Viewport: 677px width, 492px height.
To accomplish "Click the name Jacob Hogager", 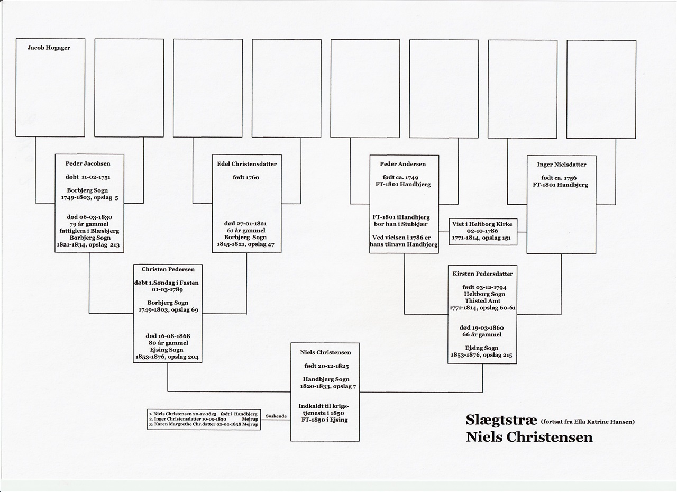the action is [x=49, y=48].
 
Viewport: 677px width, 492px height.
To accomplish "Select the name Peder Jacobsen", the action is [x=88, y=163].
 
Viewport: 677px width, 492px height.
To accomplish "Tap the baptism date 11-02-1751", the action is [x=96, y=177].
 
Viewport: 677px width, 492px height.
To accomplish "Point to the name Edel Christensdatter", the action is [x=246, y=164].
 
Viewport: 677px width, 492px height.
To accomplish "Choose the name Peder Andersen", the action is [x=402, y=164].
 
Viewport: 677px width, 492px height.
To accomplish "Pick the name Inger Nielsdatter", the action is [x=561, y=165].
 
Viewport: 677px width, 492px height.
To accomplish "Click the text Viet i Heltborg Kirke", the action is [x=482, y=224].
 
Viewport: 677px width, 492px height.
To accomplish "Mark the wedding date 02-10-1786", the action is [x=482, y=231].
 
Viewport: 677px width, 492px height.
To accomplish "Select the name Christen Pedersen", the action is [x=168, y=269].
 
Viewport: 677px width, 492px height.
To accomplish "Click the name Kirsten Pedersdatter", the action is [x=482, y=274].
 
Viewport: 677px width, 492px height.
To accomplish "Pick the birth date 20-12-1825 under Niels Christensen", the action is [x=333, y=366].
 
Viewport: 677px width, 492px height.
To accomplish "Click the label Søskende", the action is [x=276, y=416].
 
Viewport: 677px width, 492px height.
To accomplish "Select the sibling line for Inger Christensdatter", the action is [x=204, y=419].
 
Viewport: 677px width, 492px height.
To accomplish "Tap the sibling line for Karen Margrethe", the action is [x=204, y=424].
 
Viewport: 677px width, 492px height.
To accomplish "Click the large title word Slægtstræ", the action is [x=501, y=420].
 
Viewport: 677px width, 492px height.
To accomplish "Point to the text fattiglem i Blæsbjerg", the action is [x=89, y=231].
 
